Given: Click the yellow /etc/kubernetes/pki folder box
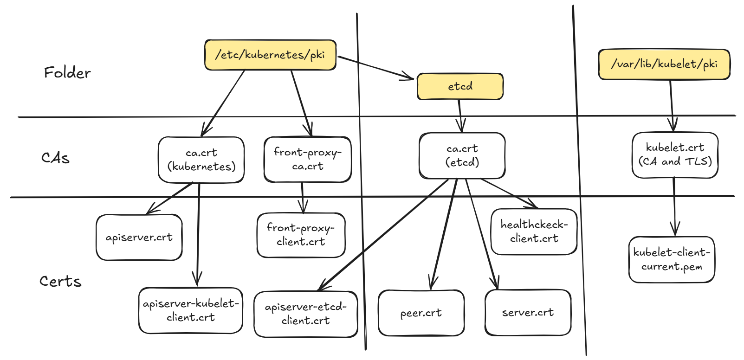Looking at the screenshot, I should click(x=270, y=55).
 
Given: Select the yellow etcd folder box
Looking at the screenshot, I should click(x=460, y=86).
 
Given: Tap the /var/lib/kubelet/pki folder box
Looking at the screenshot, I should click(x=664, y=64).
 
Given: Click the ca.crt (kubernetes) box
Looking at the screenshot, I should click(x=201, y=160).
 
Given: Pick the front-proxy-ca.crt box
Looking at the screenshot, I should click(x=307, y=159).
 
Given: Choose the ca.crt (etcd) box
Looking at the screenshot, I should click(x=462, y=155).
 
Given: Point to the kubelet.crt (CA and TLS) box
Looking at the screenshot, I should click(x=675, y=154).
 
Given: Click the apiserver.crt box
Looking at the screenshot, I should click(x=139, y=238).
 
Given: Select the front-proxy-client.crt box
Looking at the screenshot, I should click(x=301, y=235).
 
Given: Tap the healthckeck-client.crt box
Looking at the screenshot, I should click(x=534, y=231).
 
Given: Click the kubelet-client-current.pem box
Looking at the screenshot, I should click(x=671, y=259).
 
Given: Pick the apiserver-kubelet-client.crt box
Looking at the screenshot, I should click(x=190, y=310).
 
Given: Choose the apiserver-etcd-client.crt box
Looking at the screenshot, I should click(x=305, y=314).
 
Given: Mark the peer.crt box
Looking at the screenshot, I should click(x=421, y=313).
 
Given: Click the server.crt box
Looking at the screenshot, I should click(x=528, y=313).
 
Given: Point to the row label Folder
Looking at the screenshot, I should click(x=67, y=73).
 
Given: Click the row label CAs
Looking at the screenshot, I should click(x=55, y=158).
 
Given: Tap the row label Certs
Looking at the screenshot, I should click(x=60, y=281).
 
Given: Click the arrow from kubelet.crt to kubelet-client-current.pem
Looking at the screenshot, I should click(x=674, y=204).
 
